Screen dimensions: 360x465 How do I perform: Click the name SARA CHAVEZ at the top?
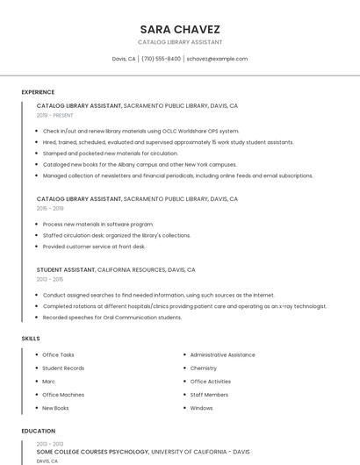[179, 29]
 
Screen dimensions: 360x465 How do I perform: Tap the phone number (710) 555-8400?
[161, 59]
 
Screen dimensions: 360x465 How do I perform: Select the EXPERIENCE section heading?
[38, 92]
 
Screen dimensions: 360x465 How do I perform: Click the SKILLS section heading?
[31, 338]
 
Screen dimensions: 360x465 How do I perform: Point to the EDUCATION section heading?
[39, 431]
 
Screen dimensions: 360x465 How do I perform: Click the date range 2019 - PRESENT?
[54, 115]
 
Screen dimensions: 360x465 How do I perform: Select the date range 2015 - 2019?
[50, 209]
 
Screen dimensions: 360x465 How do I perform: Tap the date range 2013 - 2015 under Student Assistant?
[50, 279]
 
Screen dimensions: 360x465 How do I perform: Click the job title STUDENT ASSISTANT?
[66, 269]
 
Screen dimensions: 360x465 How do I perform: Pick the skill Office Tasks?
[58, 354]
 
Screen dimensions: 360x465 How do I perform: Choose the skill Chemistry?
[203, 368]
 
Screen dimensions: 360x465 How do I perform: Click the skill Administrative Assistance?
[222, 354]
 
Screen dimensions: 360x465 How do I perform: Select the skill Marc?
[48, 382]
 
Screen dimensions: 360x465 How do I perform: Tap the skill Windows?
[201, 408]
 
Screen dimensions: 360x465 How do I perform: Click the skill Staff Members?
[209, 395]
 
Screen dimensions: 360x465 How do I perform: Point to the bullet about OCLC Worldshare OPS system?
[140, 131]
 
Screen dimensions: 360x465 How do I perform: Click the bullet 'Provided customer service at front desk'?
[94, 247]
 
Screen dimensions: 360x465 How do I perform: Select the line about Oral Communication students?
[112, 317]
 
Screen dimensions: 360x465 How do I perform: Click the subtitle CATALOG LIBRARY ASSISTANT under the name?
[179, 42]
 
